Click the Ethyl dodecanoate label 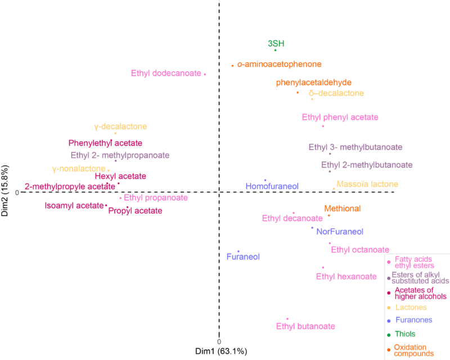coord(166,73)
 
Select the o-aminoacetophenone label coord(279,65)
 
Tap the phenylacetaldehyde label coord(314,82)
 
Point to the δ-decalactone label coord(336,93)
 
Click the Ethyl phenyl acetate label coord(340,118)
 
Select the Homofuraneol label coord(272,186)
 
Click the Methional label coord(342,208)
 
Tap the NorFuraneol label coord(340,231)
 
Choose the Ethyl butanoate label coord(305,326)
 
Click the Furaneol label coord(243,256)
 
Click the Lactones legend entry coord(411,307)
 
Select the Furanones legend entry coord(414,320)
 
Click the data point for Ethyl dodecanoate coord(205,74)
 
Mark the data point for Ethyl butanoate coord(287,318)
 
